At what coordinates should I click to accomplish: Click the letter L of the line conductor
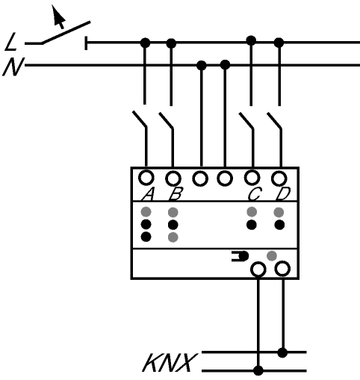(11, 43)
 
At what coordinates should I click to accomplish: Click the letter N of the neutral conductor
(13, 66)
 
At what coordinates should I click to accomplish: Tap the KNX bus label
(170, 363)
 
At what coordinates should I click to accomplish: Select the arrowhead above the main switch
(58, 16)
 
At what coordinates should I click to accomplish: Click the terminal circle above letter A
(146, 178)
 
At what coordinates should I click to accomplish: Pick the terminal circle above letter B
(173, 178)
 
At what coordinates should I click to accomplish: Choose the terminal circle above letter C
(252, 178)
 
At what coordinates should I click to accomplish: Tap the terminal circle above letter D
(279, 178)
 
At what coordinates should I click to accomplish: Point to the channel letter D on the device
(283, 194)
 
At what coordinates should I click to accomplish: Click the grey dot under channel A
(146, 212)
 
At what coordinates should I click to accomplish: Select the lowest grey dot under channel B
(173, 237)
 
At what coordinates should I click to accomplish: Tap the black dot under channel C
(252, 225)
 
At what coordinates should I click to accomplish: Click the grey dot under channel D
(279, 212)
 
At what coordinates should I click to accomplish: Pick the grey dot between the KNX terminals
(272, 256)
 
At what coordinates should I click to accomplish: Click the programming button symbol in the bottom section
(240, 256)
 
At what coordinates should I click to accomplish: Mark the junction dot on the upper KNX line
(282, 352)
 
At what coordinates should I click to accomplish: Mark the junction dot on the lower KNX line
(258, 370)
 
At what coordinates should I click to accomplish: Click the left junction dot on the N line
(202, 66)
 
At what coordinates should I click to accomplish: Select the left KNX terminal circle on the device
(258, 270)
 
